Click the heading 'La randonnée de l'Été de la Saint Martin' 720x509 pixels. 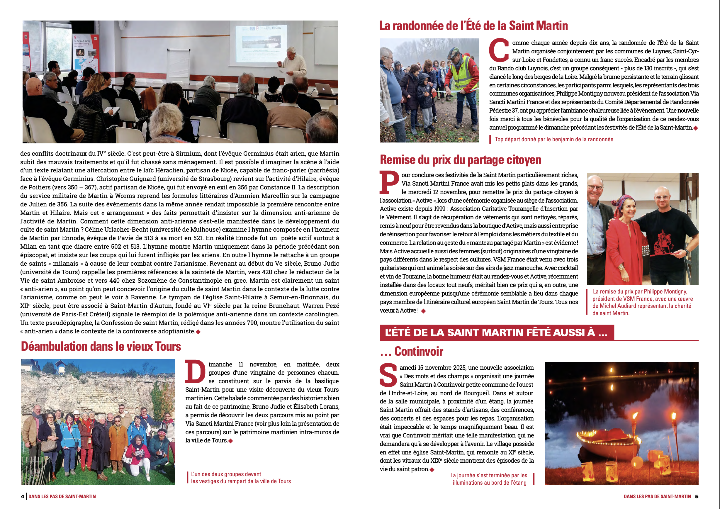[473, 26]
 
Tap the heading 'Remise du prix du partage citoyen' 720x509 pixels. [460, 160]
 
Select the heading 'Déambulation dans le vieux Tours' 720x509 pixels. [101, 347]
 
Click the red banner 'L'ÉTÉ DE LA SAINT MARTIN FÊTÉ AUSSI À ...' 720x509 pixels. [496, 332]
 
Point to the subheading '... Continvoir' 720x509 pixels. [411, 352]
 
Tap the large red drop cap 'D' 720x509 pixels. [195, 372]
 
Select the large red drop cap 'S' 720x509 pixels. [388, 375]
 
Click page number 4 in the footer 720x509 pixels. [22, 496]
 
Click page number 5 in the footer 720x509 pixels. [697, 496]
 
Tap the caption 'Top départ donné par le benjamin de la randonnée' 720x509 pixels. [554, 140]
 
